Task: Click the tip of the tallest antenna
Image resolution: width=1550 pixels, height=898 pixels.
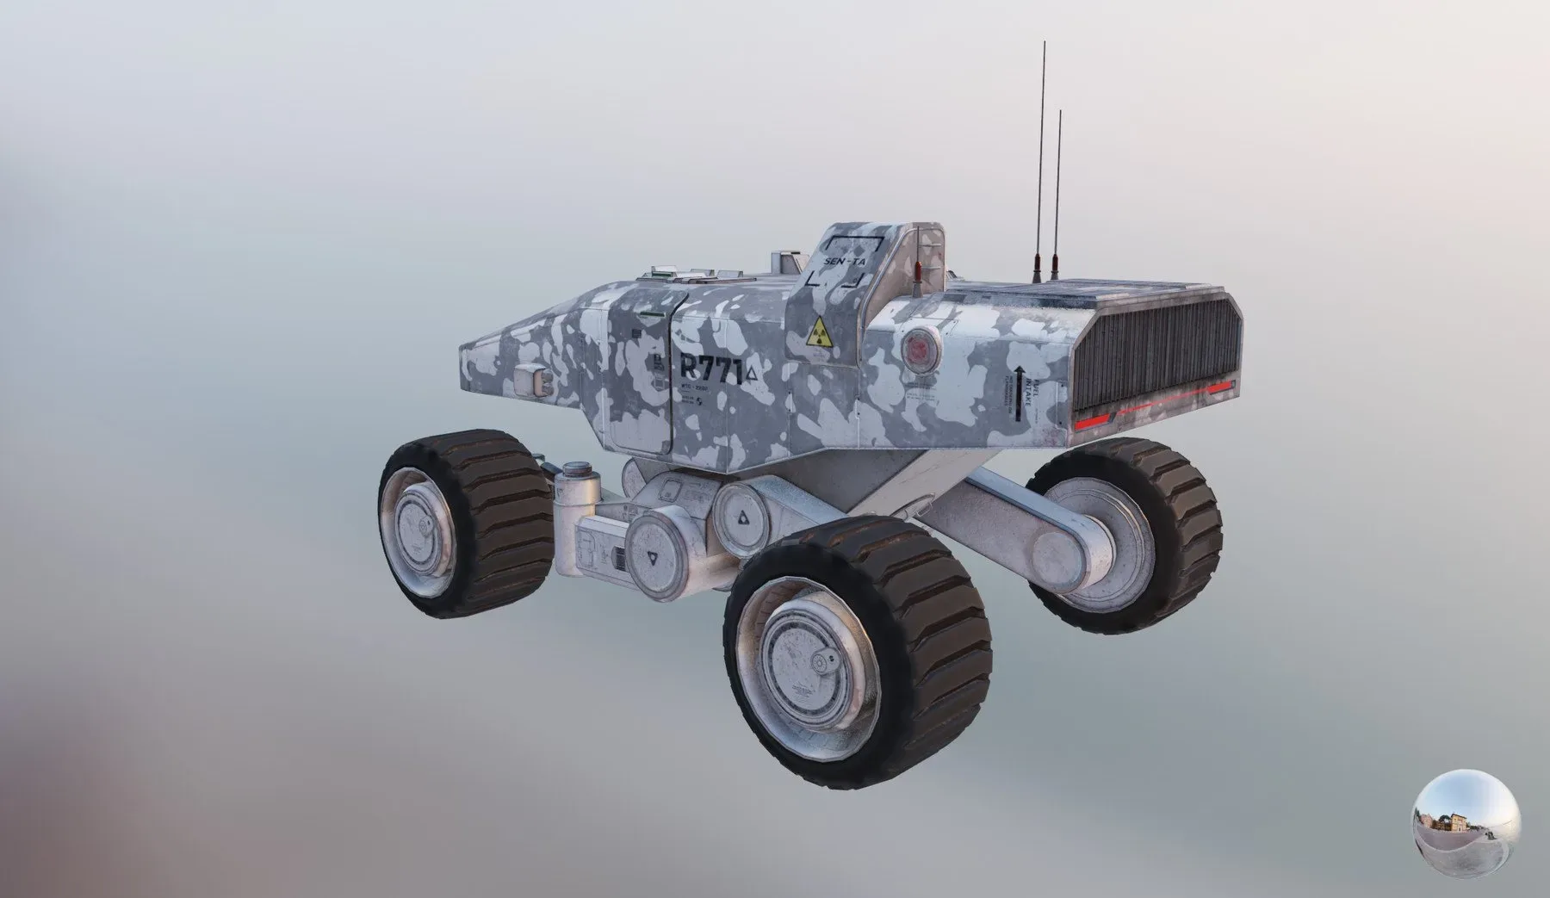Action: tap(1043, 42)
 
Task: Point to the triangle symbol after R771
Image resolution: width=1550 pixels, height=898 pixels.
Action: tap(753, 372)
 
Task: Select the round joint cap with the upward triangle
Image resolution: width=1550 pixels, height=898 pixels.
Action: tap(743, 519)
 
